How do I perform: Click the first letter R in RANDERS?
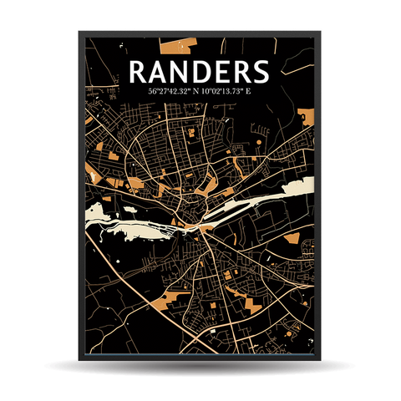pyautogui.click(x=140, y=71)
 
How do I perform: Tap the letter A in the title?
pyautogui.click(x=161, y=71)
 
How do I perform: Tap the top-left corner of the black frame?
pyautogui.click(x=80, y=33)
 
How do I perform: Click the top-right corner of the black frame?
pyautogui.click(x=320, y=33)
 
